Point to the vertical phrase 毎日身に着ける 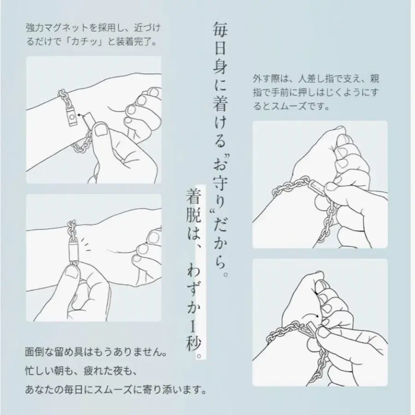pos(219,83)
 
